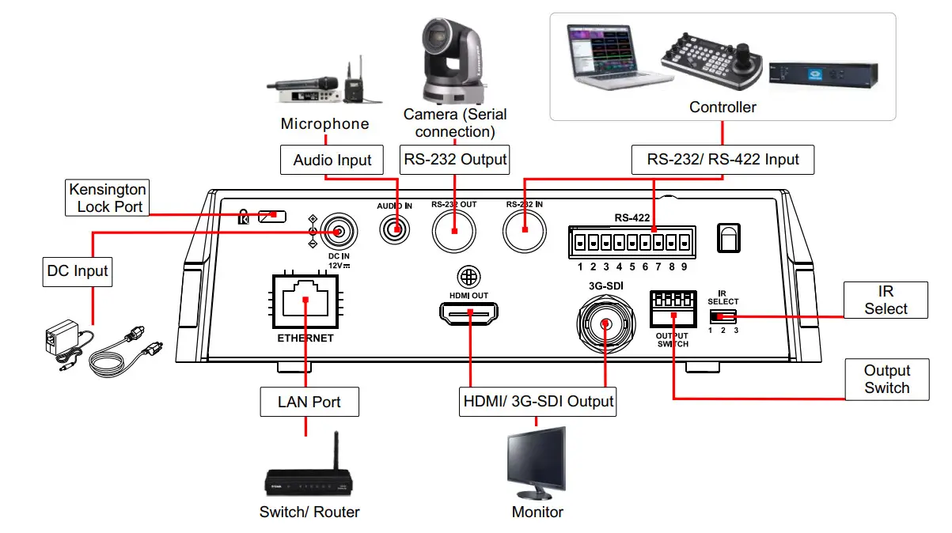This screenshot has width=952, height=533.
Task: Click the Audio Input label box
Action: [332, 160]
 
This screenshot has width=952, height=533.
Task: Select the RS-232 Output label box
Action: [455, 160]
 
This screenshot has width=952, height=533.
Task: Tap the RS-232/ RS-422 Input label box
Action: [723, 160]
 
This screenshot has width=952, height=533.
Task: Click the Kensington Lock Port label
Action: [108, 198]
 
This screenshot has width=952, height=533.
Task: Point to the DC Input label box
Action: [76, 271]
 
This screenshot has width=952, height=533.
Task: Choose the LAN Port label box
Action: [309, 402]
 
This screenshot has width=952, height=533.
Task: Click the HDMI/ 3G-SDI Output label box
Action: [538, 401]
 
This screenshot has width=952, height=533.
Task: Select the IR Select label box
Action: [885, 300]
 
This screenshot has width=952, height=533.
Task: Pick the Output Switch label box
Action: [886, 379]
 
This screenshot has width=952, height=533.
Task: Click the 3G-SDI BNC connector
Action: [605, 323]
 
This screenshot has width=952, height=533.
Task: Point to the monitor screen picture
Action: [537, 460]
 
